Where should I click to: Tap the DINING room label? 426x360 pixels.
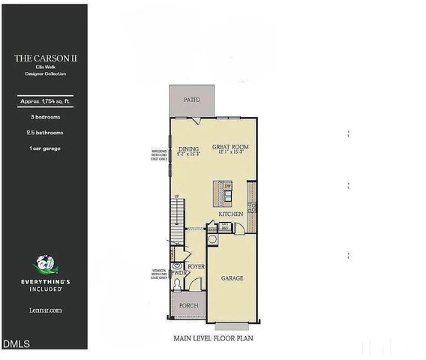point(189,148)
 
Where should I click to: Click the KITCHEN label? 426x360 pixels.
point(231,214)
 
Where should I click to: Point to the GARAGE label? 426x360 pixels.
point(232,277)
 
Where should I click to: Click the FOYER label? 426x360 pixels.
point(196,265)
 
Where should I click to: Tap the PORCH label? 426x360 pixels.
point(188,306)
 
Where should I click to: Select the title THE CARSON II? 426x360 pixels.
point(43,57)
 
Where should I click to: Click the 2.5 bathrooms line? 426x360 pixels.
point(43,132)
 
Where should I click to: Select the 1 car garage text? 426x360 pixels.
point(43,148)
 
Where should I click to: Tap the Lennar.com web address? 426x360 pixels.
point(43,308)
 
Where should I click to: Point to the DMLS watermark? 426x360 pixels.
point(16,343)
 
